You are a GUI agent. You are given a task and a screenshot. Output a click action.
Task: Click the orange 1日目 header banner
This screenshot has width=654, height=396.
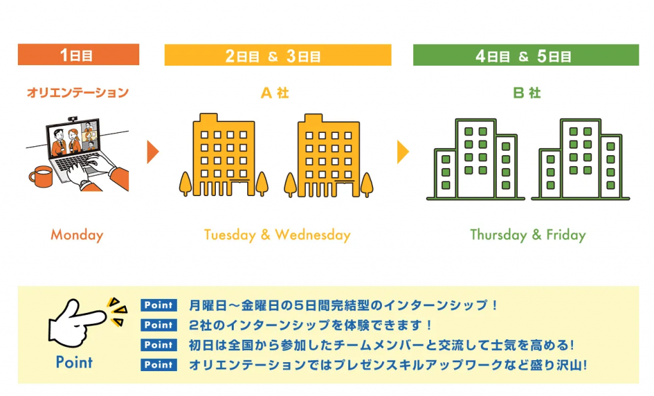pyautogui.click(x=79, y=54)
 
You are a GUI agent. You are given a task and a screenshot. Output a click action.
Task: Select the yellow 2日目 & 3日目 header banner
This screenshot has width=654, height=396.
pyautogui.click(x=278, y=55)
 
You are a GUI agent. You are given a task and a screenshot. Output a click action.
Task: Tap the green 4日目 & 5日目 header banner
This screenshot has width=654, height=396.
pyautogui.click(x=526, y=55)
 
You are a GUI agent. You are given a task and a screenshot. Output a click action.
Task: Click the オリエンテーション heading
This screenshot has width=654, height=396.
pyautogui.click(x=77, y=92)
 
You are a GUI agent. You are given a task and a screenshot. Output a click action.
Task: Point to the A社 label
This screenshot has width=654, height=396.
pyautogui.click(x=275, y=93)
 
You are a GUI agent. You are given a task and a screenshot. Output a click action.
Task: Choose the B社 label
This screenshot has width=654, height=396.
pyautogui.click(x=527, y=93)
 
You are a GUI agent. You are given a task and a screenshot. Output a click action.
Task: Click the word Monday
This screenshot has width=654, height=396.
pyautogui.click(x=77, y=235)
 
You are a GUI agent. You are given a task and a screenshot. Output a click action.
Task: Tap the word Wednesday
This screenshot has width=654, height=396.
pyautogui.click(x=313, y=235)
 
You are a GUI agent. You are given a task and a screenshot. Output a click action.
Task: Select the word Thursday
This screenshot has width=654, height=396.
pyautogui.click(x=498, y=235)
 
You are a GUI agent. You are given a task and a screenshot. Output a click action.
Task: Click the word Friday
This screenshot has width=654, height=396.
pyautogui.click(x=566, y=235)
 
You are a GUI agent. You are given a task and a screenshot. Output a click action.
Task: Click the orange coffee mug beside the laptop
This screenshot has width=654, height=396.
pyautogui.click(x=41, y=176)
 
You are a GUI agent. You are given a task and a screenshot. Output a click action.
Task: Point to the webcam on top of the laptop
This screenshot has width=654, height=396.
pyautogui.click(x=73, y=119)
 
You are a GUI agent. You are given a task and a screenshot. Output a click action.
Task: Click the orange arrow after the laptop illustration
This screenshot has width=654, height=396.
pyautogui.click(x=153, y=152)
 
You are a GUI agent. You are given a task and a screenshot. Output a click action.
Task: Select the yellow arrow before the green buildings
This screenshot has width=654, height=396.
pyautogui.click(x=403, y=152)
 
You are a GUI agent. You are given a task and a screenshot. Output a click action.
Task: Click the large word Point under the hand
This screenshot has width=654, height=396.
pyautogui.click(x=74, y=362)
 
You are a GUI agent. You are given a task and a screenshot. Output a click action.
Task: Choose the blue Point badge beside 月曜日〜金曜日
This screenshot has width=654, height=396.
pyautogui.click(x=158, y=305)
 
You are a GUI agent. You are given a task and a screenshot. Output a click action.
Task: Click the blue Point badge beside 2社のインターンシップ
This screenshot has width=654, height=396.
pyautogui.click(x=158, y=325)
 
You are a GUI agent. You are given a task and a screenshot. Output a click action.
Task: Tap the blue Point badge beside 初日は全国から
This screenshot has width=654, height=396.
pyautogui.click(x=158, y=345)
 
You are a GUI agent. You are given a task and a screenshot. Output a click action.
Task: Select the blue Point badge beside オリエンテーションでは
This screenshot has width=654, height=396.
pyautogui.click(x=158, y=365)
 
